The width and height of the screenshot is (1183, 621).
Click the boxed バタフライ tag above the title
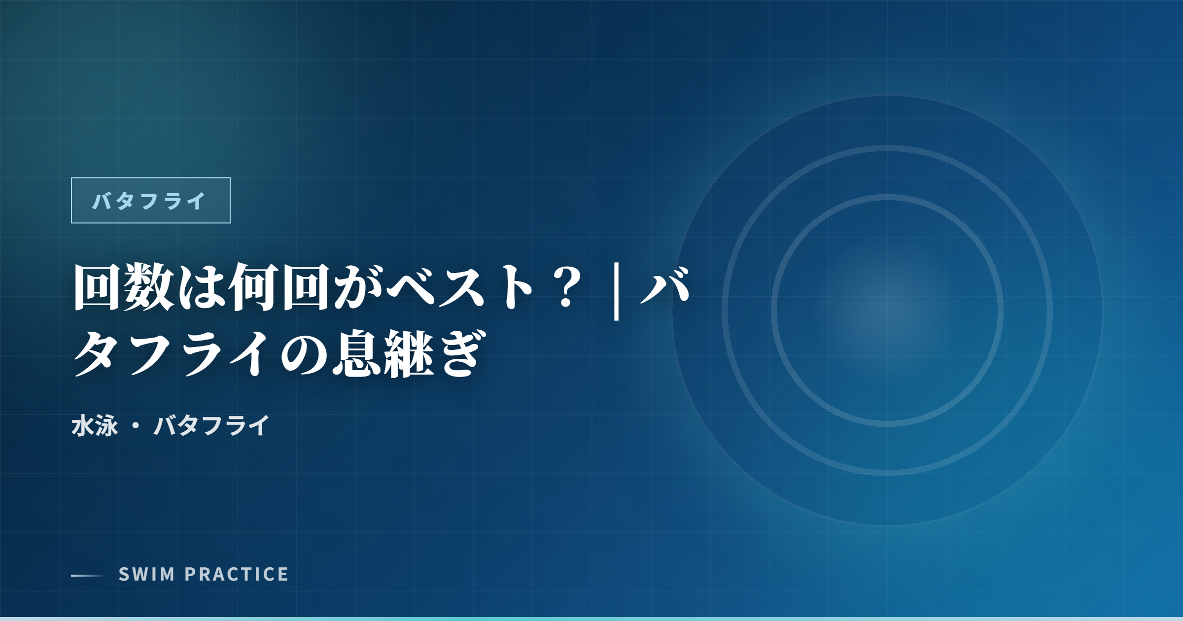(150, 201)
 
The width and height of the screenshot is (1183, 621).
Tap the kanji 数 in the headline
(149, 287)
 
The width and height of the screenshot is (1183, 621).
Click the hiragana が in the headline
(356, 287)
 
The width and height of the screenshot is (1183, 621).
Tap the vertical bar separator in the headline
(616, 291)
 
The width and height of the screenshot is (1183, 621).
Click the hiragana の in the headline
(304, 354)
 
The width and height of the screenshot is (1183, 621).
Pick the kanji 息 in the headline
(356, 354)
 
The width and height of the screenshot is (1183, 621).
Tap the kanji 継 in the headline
(408, 354)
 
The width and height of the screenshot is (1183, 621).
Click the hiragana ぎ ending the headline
(460, 354)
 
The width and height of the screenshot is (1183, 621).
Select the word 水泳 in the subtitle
(95, 426)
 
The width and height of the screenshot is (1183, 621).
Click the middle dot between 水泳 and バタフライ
(136, 426)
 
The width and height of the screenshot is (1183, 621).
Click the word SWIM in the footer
(147, 575)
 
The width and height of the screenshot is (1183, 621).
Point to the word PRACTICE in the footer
(237, 575)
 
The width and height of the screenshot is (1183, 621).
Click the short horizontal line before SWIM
(88, 575)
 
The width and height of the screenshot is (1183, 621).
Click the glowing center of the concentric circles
(887, 310)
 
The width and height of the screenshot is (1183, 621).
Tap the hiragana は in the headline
(201, 287)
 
